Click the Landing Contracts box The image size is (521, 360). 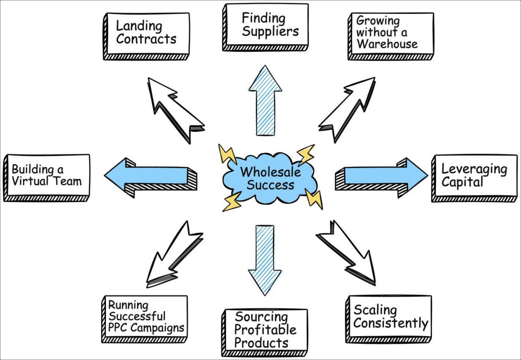click(x=146, y=35)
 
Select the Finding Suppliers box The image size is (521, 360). click(x=265, y=26)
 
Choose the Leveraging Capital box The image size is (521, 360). click(x=474, y=176)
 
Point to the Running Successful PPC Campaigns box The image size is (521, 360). click(x=145, y=317)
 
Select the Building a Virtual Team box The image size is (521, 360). click(x=46, y=176)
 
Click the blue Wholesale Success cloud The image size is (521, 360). click(x=268, y=178)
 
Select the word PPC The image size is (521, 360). click(x=118, y=328)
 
